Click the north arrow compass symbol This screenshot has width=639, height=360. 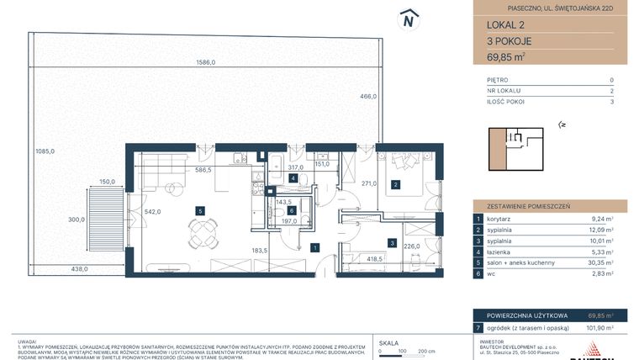pos(409,19)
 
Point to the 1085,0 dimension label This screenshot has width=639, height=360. pos(45,151)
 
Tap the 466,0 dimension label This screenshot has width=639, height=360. pos(367,97)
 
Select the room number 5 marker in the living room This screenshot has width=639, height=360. pos(198,210)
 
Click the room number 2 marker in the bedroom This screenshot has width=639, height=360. pos(395,185)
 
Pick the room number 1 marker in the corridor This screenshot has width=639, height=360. pos(313,247)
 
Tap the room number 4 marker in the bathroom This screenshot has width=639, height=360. pos(293,179)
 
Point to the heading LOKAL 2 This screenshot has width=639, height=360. pos(494,24)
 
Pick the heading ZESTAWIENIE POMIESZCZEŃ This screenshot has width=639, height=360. pos(523,204)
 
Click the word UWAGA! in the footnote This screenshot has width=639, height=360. pos(28,332)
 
